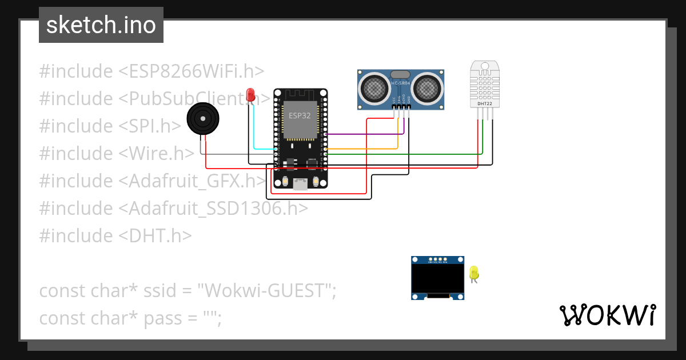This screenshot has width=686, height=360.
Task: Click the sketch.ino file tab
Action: pyautogui.click(x=101, y=25)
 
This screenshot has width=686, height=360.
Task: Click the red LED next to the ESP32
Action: pyautogui.click(x=250, y=95)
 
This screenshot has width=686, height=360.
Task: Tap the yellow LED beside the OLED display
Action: pyautogui.click(x=473, y=273)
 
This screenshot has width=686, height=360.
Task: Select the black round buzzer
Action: pyautogui.click(x=202, y=119)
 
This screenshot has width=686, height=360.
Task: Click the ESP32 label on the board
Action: pyautogui.click(x=300, y=115)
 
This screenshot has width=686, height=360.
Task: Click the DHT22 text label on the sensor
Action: pyautogui.click(x=484, y=103)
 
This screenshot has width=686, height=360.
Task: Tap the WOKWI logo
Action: pyautogui.click(x=607, y=315)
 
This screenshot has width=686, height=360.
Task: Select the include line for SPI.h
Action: pyautogui.click(x=110, y=126)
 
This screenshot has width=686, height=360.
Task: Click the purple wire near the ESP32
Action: pyautogui.click(x=366, y=135)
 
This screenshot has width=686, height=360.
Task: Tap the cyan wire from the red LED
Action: pyautogui.click(x=263, y=149)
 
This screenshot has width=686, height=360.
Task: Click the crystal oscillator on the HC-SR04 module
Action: pyautogui.click(x=400, y=74)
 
